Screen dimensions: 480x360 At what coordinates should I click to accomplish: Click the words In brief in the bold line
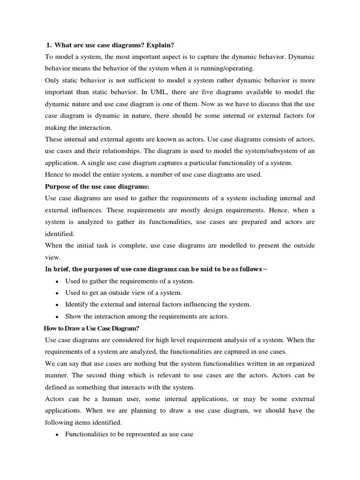(56, 269)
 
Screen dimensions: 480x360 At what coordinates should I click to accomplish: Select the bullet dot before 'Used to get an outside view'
(57, 293)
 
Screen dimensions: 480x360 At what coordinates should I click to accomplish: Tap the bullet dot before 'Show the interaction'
(57, 316)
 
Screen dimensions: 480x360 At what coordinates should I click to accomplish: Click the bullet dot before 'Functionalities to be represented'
(57, 435)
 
